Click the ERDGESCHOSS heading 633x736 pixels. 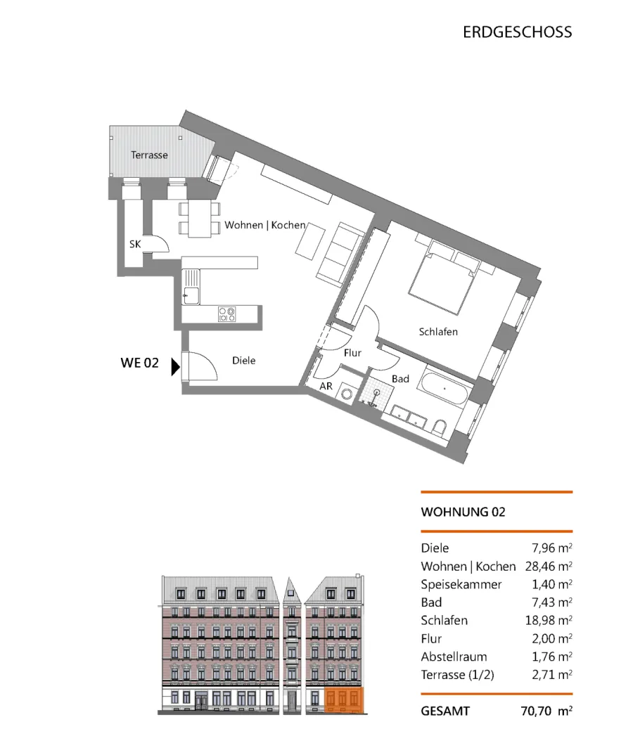point(518,32)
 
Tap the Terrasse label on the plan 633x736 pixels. point(149,155)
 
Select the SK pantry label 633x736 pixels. point(135,244)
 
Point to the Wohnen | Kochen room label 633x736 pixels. point(265,226)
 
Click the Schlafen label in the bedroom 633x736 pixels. point(438,332)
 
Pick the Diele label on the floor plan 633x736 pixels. point(244,361)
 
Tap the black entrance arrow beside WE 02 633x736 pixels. point(175,366)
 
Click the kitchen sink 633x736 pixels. point(191,288)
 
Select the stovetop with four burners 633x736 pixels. point(226,314)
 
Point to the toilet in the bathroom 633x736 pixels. point(440,427)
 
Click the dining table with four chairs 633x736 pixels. point(200,219)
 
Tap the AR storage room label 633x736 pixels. point(326,387)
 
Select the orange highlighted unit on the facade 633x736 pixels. point(345,700)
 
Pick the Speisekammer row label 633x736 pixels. point(461,584)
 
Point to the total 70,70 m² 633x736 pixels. point(546,711)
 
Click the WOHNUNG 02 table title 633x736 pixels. point(463,512)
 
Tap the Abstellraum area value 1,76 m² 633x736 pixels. point(551,657)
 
